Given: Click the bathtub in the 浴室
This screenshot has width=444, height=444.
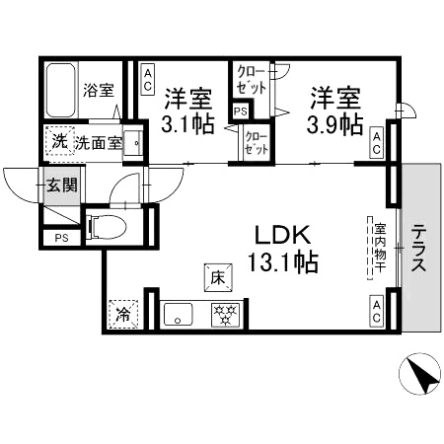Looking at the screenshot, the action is click(x=60, y=90).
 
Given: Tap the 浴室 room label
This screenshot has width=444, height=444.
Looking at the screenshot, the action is click(x=99, y=90).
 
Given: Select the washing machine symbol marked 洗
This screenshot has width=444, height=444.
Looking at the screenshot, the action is click(x=60, y=141).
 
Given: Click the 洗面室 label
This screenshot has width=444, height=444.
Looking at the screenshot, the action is click(x=99, y=143).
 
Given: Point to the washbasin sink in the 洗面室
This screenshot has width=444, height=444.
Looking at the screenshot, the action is click(x=133, y=143).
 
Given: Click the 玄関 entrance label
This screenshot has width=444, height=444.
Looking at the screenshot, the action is click(x=62, y=185).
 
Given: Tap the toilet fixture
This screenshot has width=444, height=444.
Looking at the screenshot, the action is click(x=106, y=226).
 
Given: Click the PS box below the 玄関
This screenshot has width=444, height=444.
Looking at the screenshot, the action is click(x=62, y=237).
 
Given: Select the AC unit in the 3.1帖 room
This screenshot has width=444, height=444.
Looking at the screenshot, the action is click(x=148, y=81).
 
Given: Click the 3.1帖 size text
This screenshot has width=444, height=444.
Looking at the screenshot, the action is click(x=187, y=124).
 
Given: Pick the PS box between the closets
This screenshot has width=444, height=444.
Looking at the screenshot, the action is click(x=241, y=111).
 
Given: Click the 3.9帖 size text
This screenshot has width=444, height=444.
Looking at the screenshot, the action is click(x=334, y=124).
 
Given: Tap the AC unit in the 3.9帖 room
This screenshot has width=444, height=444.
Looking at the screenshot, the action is click(x=377, y=144).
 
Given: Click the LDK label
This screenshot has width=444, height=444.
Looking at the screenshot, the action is click(x=283, y=235).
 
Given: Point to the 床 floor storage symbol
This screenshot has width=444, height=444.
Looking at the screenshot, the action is click(x=218, y=278).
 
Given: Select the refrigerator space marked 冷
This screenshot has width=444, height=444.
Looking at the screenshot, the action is click(x=123, y=314).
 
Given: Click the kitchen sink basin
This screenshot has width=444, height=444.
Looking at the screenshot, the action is click(x=178, y=314).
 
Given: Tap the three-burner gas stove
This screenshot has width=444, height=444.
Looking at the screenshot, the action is click(x=225, y=315).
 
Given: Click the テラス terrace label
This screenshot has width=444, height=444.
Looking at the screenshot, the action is click(x=418, y=248).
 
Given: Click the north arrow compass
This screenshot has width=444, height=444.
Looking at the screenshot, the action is click(x=419, y=374).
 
